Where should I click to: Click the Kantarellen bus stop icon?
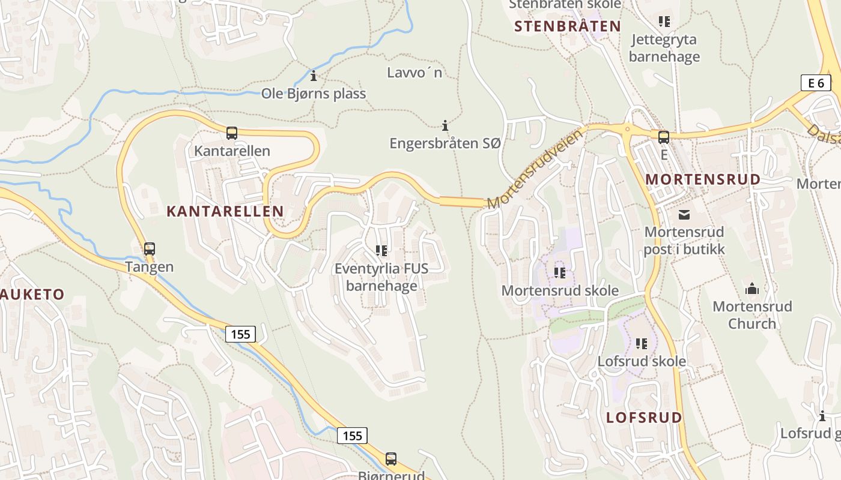coord(232,133)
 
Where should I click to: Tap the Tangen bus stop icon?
coord(150,248)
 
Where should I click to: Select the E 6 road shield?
coord(816,83)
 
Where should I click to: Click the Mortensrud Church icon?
coord(752,290)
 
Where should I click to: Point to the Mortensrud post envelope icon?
coord(684,215)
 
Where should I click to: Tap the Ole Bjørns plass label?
coord(314,94)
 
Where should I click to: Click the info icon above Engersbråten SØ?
coord(445,125)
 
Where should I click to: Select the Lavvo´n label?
coord(414,73)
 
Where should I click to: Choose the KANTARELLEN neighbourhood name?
coord(225,211)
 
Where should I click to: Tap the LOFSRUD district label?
coord(644,418)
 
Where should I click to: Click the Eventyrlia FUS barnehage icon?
coord(381,250)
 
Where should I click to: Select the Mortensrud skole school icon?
coord(560,273)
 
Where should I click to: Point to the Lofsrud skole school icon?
coord(642,344)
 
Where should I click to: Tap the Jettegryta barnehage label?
coord(664,48)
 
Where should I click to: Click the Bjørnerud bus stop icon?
coord(391,459)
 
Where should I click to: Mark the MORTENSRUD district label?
coord(703,179)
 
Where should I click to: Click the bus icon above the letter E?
coord(664,137)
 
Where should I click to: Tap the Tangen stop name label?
coord(150,267)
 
